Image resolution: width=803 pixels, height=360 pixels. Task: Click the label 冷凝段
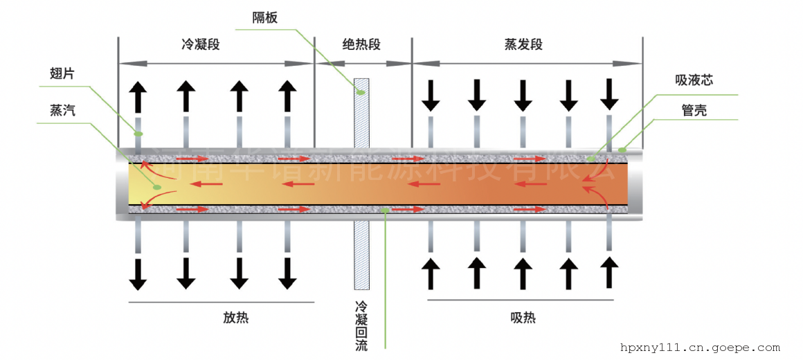click(x=200, y=45)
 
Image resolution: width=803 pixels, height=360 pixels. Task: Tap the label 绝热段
click(x=361, y=45)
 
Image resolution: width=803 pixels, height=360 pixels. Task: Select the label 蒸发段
click(x=523, y=45)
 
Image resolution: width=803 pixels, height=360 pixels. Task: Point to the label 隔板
click(x=265, y=18)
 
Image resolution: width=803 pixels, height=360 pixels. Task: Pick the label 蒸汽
click(x=62, y=110)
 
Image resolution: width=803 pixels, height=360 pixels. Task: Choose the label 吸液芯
click(x=694, y=80)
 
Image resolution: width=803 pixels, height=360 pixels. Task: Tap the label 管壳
click(x=694, y=110)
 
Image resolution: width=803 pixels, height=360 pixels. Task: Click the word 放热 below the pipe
click(x=235, y=318)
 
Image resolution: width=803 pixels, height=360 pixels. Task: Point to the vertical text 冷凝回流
click(x=361, y=325)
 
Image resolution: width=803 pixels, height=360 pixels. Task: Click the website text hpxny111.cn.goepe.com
click(x=700, y=348)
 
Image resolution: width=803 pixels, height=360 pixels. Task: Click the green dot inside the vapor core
click(x=157, y=187)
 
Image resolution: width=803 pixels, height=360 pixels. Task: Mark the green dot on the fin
click(x=138, y=133)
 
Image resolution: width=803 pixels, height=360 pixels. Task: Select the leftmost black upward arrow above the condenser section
click(x=138, y=96)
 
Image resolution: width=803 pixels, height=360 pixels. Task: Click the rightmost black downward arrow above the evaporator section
click(x=609, y=94)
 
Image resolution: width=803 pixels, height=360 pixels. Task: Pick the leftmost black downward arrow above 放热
click(x=138, y=273)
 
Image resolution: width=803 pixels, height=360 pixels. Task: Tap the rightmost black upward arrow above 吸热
click(x=609, y=272)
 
